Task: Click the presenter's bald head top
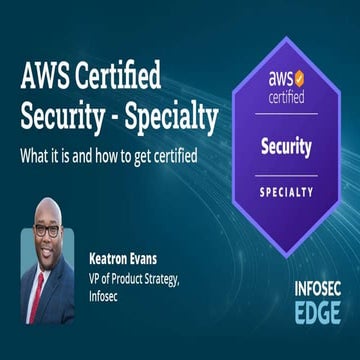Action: [x=47, y=207]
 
